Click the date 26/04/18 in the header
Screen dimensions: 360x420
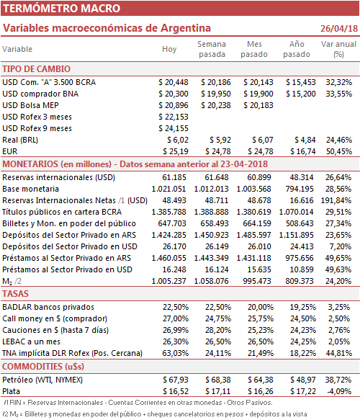pyautogui.click(x=339, y=28)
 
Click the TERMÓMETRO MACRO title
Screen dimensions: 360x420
pyautogui.click(x=62, y=9)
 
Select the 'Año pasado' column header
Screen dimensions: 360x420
pyautogui.click(x=297, y=49)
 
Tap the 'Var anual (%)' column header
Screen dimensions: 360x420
pyautogui.click(x=338, y=49)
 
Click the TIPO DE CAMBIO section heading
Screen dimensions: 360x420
pyautogui.click(x=37, y=69)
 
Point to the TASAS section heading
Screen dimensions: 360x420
pyautogui.click(x=15, y=294)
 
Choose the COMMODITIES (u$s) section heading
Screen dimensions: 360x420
pyautogui.click(x=43, y=367)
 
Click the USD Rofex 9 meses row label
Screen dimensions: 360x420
pyautogui.click(x=37, y=128)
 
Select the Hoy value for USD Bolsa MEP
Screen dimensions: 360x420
pyautogui.click(x=174, y=105)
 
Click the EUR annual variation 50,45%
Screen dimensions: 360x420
pyautogui.click(x=339, y=151)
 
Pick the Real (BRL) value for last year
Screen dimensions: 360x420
pyautogui.click(x=305, y=140)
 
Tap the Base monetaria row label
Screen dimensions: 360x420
pyautogui.click(x=30, y=189)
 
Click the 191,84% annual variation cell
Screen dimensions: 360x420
pyautogui.click(x=336, y=200)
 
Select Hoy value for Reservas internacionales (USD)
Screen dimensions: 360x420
pyautogui.click(x=174, y=178)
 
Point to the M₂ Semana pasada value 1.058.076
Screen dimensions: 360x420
pyautogui.click(x=211, y=281)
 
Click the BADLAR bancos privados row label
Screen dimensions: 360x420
pyautogui.click(x=48, y=307)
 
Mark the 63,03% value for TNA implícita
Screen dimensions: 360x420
pyautogui.click(x=175, y=353)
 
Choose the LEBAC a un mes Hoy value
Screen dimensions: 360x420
pyautogui.click(x=175, y=341)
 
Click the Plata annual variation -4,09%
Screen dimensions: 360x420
pyautogui.click(x=339, y=392)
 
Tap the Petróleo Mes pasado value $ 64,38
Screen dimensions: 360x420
pyautogui.click(x=260, y=380)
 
